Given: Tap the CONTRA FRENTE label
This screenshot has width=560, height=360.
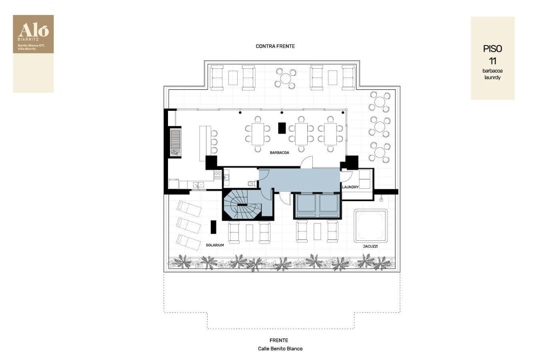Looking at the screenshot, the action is point(275,46).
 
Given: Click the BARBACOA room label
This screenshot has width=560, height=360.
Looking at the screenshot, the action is point(280,152).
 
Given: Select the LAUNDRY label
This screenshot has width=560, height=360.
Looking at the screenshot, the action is point(350,187).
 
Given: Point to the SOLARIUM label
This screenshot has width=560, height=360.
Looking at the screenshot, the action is point(215,245).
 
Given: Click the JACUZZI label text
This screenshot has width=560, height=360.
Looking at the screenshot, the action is point(370,246).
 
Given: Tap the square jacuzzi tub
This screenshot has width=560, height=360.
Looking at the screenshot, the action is point(371,226).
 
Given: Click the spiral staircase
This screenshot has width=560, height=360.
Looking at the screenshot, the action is point(242,204).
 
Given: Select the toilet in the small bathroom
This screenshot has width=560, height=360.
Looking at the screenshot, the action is point(252,184).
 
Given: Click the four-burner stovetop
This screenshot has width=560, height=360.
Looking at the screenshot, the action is point(218,175).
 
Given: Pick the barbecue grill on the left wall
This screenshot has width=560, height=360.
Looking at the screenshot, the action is point(175,142).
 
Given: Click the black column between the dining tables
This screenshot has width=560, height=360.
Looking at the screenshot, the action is point(282,128).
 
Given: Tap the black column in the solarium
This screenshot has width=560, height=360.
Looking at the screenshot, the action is point(213,227).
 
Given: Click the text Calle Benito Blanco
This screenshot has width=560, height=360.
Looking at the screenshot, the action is point(280,348).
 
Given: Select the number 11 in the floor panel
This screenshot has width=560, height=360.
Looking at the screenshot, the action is point(492,61).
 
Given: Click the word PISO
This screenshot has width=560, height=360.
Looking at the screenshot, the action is point(492,49).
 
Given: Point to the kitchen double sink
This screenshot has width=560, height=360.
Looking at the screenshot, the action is point(198,185).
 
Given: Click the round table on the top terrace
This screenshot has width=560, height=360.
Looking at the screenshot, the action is point(285,78).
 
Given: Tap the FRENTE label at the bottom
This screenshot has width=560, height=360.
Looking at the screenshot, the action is point(279,340).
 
